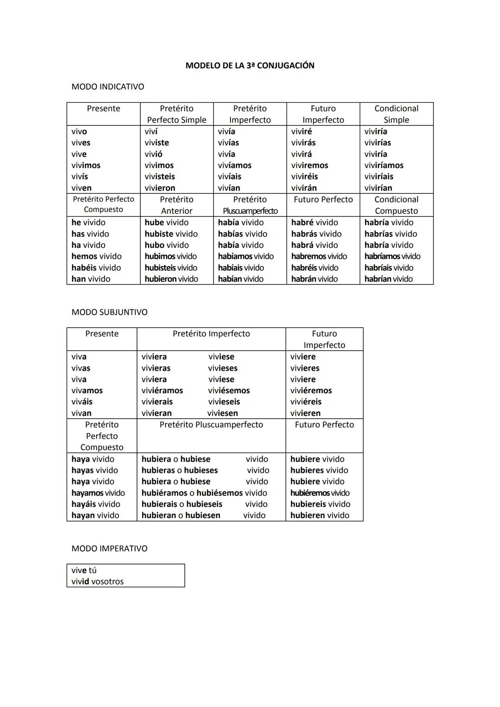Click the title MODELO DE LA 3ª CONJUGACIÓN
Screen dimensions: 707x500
(250, 66)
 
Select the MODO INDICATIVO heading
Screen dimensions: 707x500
(107, 87)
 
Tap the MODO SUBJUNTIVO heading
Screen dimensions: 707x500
(109, 312)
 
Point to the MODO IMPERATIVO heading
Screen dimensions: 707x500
(109, 549)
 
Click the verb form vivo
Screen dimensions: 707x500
(79, 132)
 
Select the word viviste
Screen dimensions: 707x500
(156, 143)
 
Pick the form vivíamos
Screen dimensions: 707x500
(234, 166)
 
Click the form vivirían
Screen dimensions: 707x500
(378, 188)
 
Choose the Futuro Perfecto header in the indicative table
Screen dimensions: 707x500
(323, 200)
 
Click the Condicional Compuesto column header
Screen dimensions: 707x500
(396, 205)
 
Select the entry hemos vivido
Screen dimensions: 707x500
(96, 256)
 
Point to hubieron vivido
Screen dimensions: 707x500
(171, 279)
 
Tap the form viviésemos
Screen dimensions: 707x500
(229, 391)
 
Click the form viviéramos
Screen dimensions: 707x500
(162, 391)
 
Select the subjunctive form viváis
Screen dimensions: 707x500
(82, 402)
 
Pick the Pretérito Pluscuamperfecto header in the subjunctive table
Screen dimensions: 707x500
(211, 425)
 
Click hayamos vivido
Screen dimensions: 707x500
(98, 493)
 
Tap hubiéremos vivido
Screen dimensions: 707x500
(319, 493)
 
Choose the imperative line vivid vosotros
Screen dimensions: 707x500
(97, 582)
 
